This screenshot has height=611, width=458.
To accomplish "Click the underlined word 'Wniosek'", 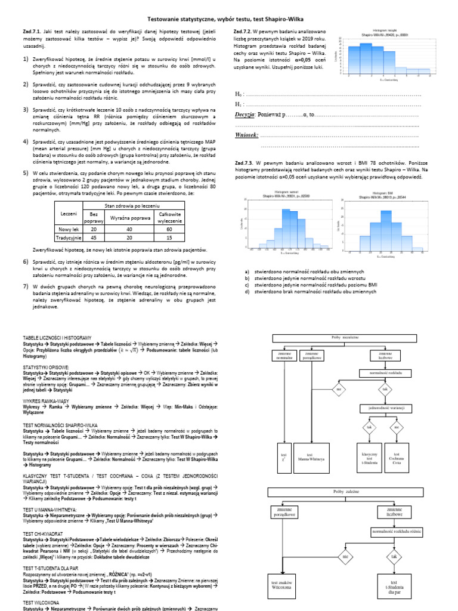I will pos(248,135).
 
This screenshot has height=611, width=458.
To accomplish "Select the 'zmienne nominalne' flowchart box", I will pos(284,357).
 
